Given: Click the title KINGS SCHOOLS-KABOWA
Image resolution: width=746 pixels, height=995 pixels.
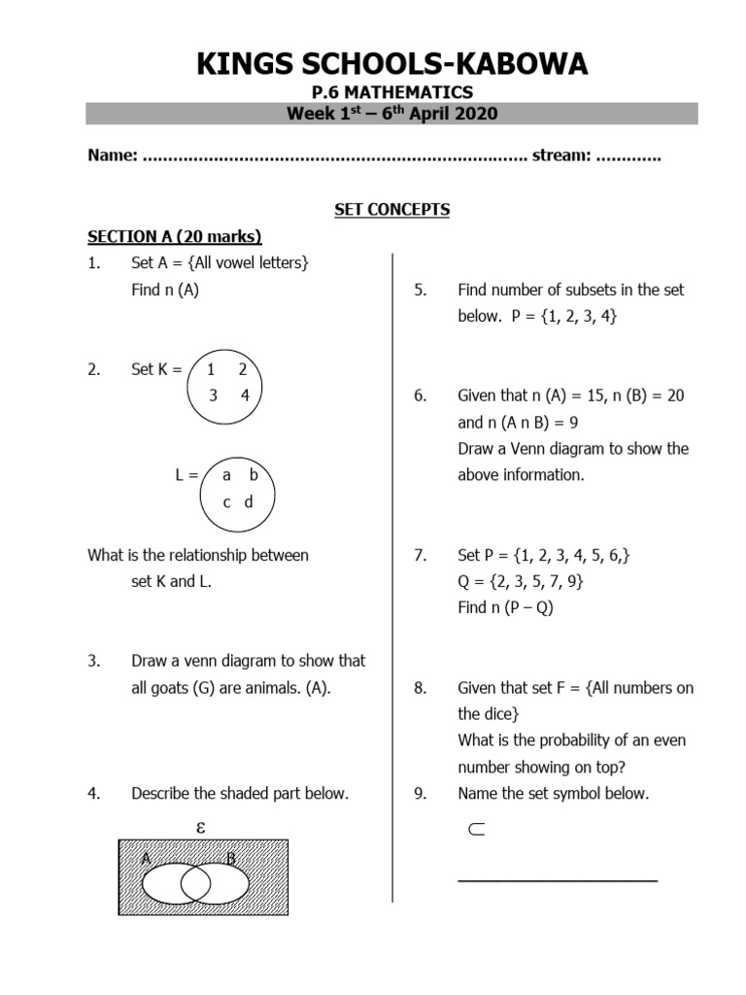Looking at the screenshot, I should coord(391,64).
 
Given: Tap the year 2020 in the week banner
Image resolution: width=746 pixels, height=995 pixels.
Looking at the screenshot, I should coord(476,115).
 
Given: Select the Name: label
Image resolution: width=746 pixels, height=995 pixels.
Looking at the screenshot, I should coord(112,155).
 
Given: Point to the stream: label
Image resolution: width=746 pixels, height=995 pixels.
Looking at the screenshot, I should coord(560,155).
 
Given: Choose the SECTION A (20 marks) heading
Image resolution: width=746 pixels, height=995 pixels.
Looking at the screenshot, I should coord(175,236).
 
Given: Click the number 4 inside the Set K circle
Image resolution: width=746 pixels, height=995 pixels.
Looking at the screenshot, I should coord(245,395).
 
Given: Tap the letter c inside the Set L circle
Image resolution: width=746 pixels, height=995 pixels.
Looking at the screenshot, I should coord(226,501).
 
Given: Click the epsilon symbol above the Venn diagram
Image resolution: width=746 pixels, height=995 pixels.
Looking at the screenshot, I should coord(201,828).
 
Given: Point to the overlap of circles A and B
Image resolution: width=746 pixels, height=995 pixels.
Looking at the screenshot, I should coord(195,883).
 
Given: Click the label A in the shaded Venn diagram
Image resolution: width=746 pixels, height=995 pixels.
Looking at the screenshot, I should coord(146,858).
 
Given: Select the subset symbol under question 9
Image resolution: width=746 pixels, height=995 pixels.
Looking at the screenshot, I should coord(476,830).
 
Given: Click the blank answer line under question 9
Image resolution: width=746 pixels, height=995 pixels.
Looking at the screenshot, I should coord(557,880).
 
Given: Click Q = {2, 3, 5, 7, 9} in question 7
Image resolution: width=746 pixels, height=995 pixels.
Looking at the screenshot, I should coord(521,582).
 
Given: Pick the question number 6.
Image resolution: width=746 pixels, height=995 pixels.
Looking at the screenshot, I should coord(420,396).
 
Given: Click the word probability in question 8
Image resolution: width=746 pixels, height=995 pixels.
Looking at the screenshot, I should coord(545,740).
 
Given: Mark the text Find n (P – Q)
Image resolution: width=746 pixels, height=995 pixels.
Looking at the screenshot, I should coord(505,608).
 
